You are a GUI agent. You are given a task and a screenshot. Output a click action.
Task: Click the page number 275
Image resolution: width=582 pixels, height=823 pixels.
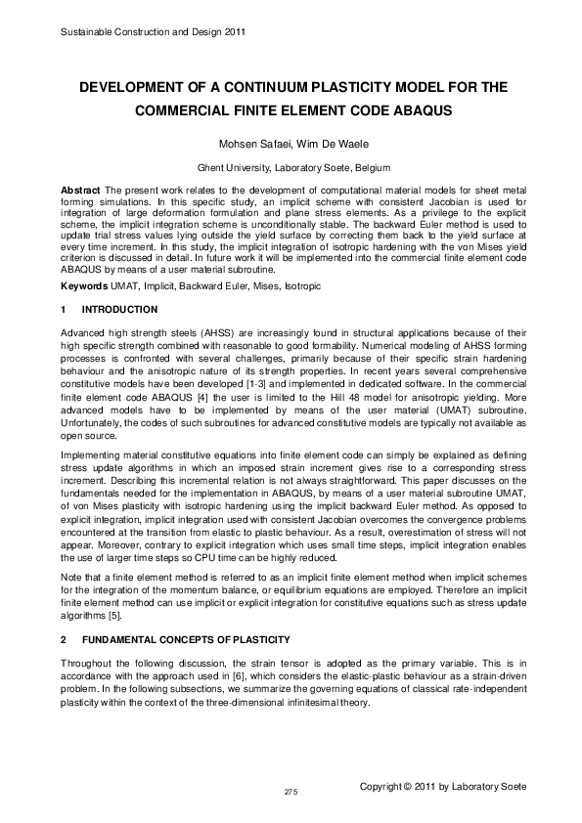(291, 790)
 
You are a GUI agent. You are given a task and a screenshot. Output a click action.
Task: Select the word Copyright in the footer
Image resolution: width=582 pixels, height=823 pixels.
(385, 786)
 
